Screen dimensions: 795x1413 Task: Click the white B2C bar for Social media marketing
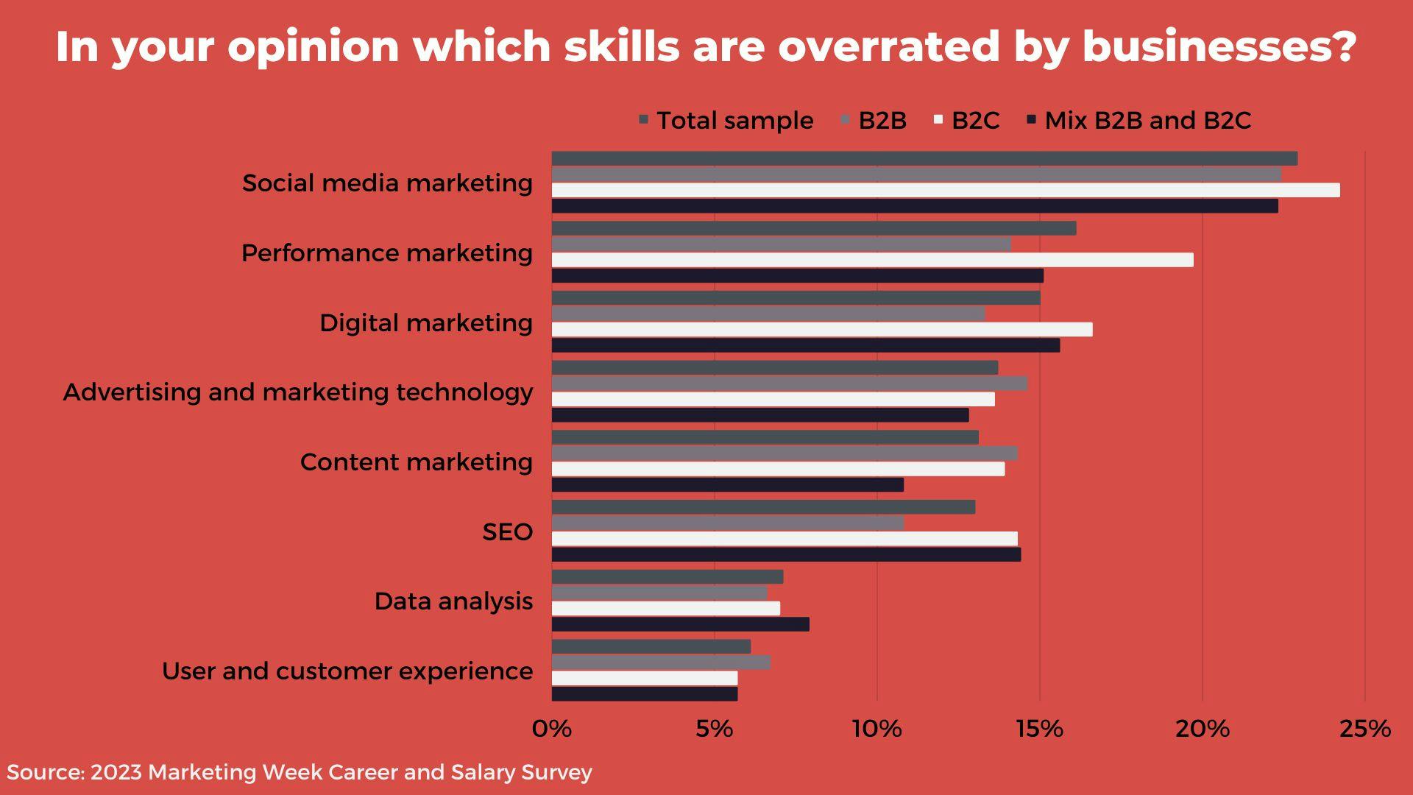[945, 190]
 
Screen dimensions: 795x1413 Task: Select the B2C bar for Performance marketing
[872, 260]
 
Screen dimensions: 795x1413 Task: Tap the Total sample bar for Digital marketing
[796, 298]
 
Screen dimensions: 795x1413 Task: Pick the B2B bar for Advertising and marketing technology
[789, 384]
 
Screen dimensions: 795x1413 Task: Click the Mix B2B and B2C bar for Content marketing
[727, 484]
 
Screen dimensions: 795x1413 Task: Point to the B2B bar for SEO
[727, 523]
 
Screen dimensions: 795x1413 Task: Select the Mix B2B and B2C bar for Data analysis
[680, 624]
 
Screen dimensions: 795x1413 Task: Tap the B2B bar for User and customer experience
[661, 662]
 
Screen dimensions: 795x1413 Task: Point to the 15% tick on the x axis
[1039, 729]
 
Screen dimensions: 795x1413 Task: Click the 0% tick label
[551, 729]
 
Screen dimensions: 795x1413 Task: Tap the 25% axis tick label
[1364, 729]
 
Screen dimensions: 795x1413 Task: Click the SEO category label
[507, 531]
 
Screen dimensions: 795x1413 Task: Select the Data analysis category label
[453, 601]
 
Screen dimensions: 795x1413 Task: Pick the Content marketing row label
[416, 462]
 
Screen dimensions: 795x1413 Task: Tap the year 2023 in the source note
[116, 772]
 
